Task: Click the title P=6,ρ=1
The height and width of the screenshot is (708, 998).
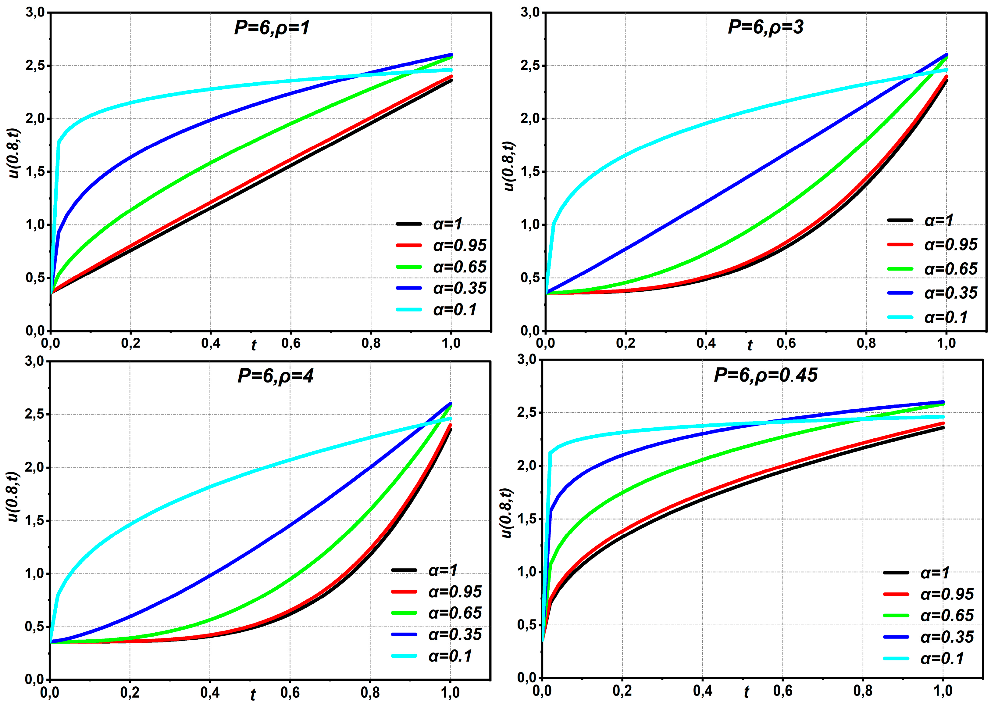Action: click(x=272, y=28)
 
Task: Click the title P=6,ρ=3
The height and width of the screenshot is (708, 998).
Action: click(x=765, y=27)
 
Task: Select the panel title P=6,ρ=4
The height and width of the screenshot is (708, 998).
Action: click(x=275, y=376)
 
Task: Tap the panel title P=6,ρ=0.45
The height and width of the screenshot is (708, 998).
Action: click(x=765, y=375)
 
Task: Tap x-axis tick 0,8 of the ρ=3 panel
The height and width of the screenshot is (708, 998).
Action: click(x=866, y=343)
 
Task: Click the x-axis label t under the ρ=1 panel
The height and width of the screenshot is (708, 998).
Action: click(x=254, y=345)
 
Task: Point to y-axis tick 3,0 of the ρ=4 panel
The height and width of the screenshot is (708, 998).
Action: click(x=35, y=361)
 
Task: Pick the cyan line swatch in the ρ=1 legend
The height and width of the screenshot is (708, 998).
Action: click(x=408, y=310)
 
